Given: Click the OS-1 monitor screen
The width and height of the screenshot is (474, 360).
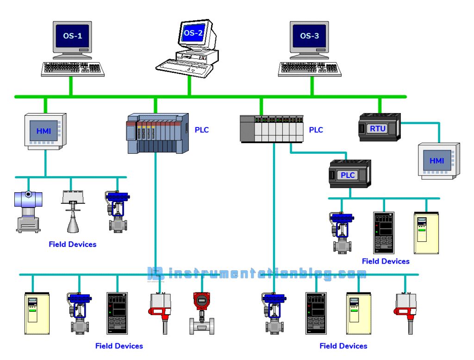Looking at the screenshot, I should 73,36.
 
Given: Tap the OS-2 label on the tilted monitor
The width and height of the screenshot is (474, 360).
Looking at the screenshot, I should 193,32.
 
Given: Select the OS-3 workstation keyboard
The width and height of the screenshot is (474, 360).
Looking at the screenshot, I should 310,69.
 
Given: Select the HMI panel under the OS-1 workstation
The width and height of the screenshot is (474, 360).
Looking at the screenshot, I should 44,131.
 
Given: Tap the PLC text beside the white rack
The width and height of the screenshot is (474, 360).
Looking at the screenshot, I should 316,130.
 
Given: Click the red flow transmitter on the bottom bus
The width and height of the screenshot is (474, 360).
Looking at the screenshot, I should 202,313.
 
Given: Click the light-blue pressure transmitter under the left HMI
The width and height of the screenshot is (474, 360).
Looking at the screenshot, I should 29,211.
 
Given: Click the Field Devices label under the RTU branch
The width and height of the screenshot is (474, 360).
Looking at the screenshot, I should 386,261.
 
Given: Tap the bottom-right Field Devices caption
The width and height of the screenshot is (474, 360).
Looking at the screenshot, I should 343,346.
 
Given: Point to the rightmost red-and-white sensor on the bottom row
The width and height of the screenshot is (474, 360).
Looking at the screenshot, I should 406,310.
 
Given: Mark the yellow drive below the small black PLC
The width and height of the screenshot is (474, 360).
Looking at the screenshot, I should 425,233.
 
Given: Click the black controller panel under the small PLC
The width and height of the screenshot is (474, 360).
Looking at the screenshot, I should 383,232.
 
